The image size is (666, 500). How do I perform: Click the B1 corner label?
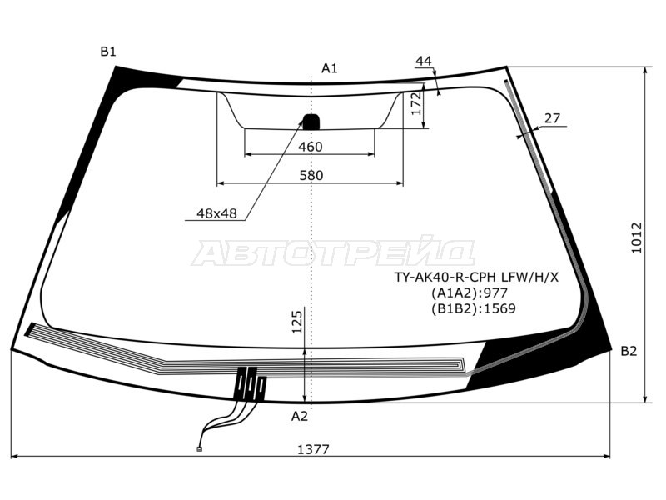click(108, 52)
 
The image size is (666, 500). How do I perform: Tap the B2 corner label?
click(629, 351)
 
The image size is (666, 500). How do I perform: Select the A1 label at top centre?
click(329, 68)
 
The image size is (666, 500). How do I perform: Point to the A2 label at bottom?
click(300, 416)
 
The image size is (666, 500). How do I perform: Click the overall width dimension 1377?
click(313, 449)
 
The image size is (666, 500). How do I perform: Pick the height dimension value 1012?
click(636, 237)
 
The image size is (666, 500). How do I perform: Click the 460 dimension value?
click(310, 147)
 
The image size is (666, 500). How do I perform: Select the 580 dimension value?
click(311, 175)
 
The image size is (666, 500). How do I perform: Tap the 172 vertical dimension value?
click(416, 103)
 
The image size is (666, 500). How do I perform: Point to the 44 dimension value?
click(424, 61)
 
